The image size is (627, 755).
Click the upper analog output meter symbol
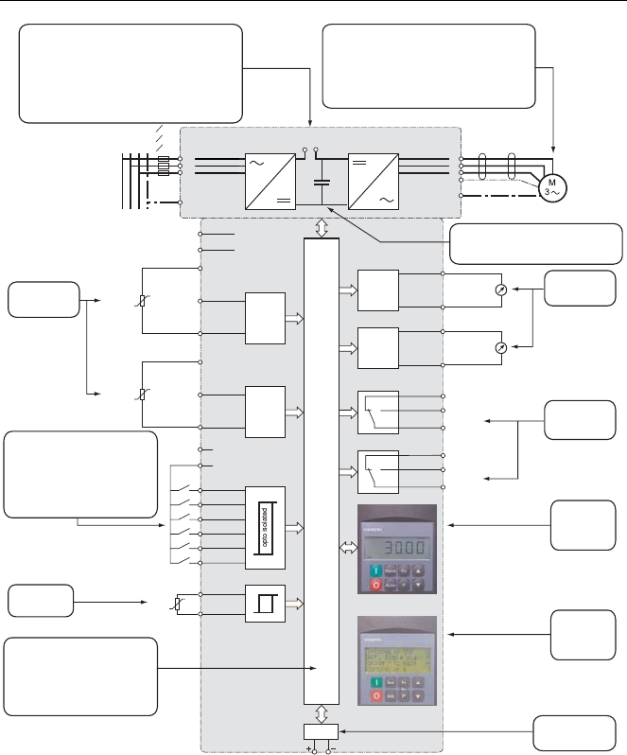[501, 290]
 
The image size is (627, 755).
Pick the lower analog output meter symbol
[501, 348]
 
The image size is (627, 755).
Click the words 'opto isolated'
[266, 527]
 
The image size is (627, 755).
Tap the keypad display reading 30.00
[397, 549]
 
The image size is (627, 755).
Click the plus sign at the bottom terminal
[310, 750]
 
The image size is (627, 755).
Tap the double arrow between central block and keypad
[346, 547]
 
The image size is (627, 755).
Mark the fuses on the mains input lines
[163, 167]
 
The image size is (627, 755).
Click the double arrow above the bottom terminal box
[322, 711]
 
